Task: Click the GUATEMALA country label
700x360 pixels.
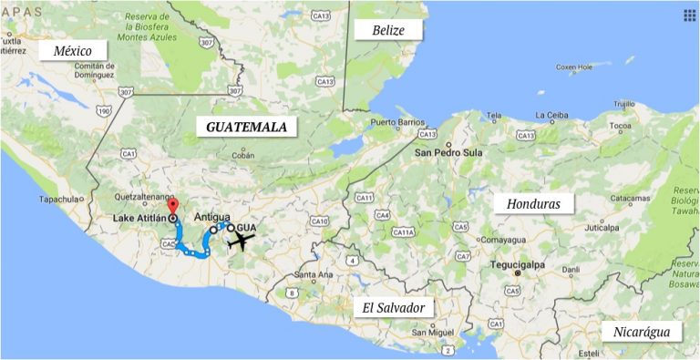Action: [x=247, y=127]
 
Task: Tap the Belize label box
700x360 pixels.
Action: [x=391, y=30]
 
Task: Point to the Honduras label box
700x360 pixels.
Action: [x=533, y=203]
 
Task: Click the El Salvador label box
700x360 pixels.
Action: [x=394, y=307]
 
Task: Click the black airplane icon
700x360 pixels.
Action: [x=242, y=242]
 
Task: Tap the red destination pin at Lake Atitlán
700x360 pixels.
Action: [x=174, y=207]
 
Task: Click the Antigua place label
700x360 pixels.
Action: [x=212, y=217]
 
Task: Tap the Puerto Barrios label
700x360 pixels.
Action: [x=397, y=122]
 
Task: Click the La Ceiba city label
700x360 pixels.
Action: [x=551, y=115]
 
